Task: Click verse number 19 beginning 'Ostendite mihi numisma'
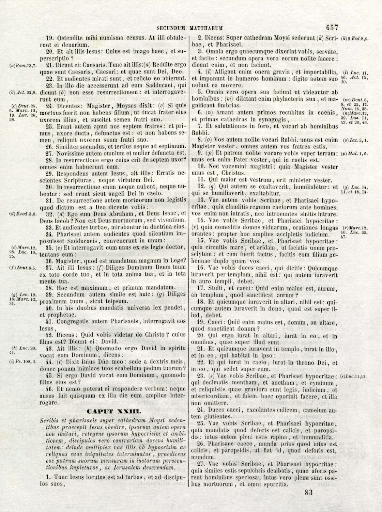click(49, 38)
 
